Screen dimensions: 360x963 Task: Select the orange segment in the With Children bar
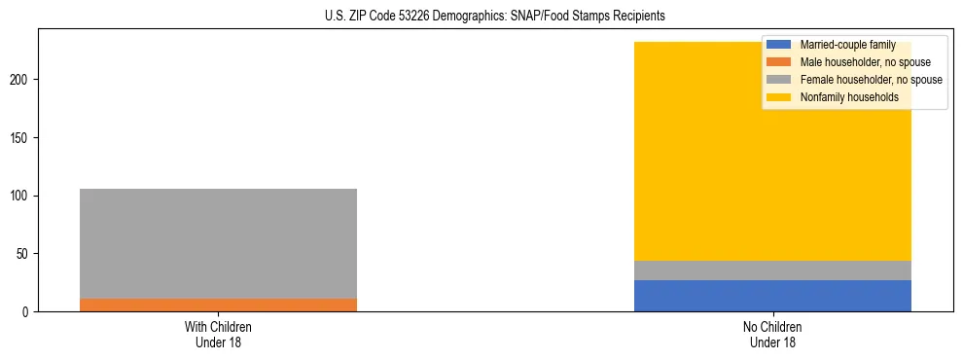click(218, 305)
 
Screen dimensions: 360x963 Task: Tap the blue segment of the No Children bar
click(772, 296)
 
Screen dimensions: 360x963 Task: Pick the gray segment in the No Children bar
click(772, 270)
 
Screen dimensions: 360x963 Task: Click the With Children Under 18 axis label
click(218, 335)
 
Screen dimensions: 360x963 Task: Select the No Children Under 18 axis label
click(772, 335)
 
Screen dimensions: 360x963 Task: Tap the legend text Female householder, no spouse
click(871, 80)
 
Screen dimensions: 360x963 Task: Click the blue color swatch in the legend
click(779, 45)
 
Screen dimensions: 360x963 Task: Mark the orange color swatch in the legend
click(779, 62)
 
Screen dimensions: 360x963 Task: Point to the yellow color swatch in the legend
click(779, 97)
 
